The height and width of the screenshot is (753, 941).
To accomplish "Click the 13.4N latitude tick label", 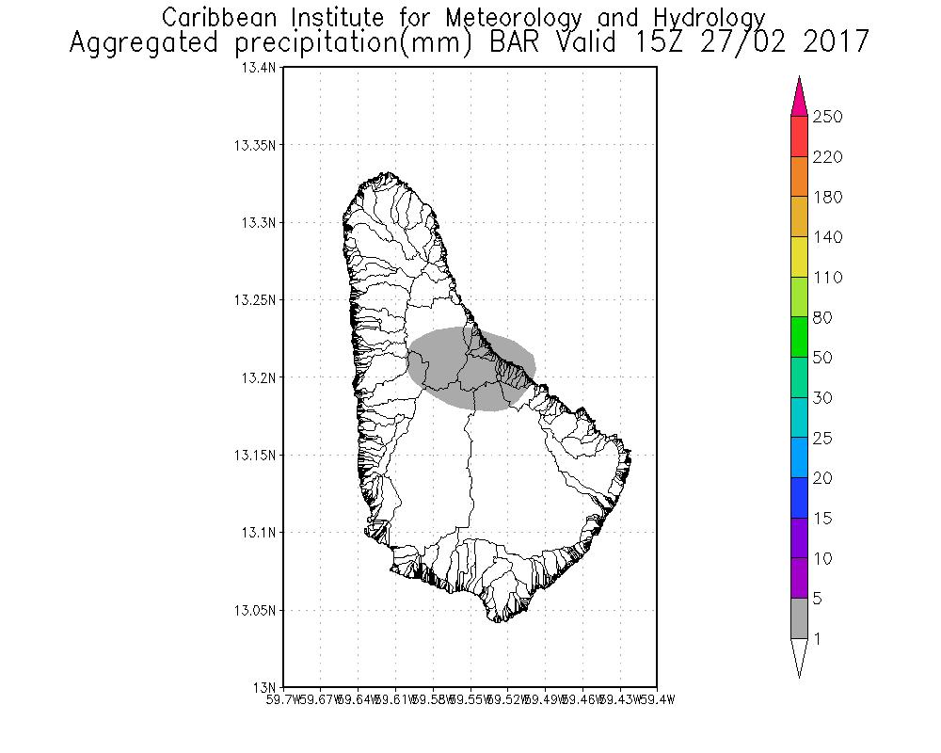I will click(x=260, y=69).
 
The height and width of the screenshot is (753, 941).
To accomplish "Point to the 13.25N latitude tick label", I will click(x=256, y=300).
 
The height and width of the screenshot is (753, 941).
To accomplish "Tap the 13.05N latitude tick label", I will click(x=256, y=610).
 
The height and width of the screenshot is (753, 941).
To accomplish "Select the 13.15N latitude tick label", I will click(x=256, y=455).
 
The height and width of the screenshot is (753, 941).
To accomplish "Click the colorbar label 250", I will click(x=827, y=117).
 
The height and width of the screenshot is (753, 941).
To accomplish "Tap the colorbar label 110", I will click(x=827, y=278).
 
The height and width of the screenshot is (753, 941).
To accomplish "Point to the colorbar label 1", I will click(x=818, y=639).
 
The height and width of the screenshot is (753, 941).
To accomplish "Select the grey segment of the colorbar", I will click(x=799, y=618).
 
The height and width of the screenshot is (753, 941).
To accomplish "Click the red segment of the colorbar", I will click(x=799, y=136).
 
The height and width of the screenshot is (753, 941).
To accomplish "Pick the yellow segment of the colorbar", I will click(x=799, y=257).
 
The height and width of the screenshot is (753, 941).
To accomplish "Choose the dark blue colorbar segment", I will click(x=799, y=498).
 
